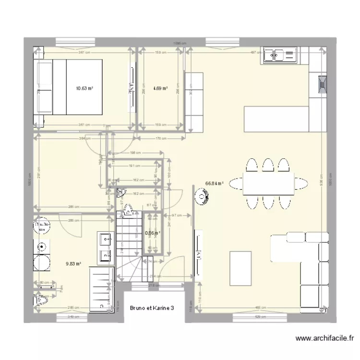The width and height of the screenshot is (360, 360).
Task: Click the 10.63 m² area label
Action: point(84,88)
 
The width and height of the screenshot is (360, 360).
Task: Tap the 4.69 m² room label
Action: point(160,88)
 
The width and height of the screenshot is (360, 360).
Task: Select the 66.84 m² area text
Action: point(215,183)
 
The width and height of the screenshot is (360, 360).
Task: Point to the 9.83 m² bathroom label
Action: point(73,263)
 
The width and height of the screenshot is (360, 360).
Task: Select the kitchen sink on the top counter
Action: point(279,56)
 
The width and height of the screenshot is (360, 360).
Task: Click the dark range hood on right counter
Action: point(322,85)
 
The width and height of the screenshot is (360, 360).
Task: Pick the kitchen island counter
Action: point(276,118)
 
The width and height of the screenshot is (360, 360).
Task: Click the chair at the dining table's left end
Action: point(236,183)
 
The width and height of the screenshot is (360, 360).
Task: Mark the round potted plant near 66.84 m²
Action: point(201,196)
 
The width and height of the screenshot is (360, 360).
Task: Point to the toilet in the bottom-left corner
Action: point(42,299)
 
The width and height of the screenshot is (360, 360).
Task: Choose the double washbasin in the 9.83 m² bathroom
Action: point(106,248)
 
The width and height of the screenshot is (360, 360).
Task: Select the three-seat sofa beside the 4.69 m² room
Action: point(194,101)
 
